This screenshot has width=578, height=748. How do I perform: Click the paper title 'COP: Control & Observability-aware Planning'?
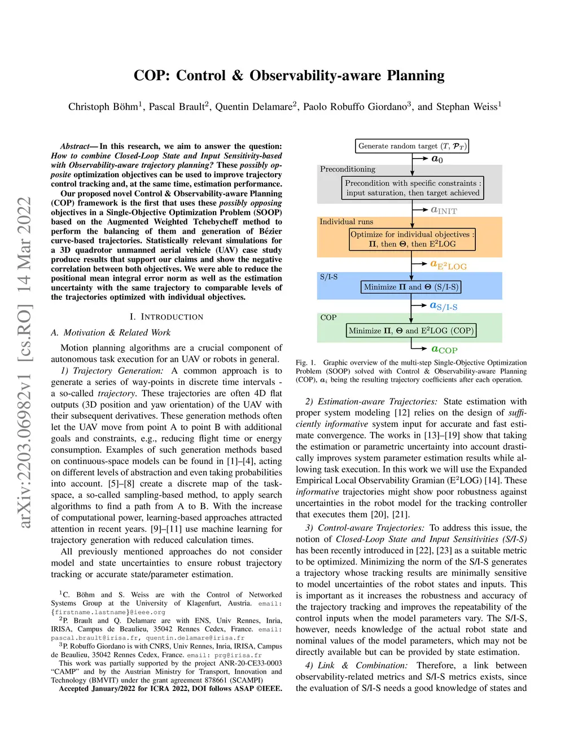(289, 76)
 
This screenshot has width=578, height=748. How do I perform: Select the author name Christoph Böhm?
(103, 107)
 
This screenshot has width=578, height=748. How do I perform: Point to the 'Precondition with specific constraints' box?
(413, 188)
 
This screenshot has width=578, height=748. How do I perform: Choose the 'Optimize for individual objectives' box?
(412, 239)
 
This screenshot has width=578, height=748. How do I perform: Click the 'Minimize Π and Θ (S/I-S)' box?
(411, 287)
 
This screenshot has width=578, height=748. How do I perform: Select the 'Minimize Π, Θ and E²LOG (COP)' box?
(411, 330)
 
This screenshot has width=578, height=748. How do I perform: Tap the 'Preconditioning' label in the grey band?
(348, 169)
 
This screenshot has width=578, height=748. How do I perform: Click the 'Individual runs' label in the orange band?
(346, 222)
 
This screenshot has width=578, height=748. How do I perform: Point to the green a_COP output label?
(444, 349)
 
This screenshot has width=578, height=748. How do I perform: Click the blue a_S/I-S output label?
(443, 306)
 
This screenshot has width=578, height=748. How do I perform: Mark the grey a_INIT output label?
(444, 210)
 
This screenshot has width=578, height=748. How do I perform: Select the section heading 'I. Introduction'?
(167, 317)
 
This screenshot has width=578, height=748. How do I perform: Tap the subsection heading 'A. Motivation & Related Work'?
(111, 333)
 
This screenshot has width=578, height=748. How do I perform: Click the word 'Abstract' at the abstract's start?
(75, 146)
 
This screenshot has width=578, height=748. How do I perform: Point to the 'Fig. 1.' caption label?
(306, 363)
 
